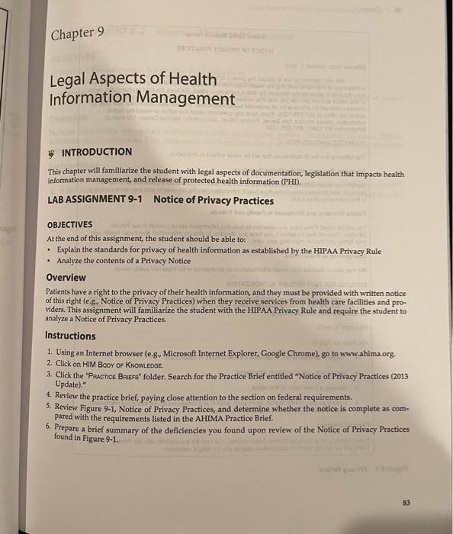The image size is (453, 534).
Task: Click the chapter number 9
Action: pos(102,32)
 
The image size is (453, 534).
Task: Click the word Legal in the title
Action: pos(70,79)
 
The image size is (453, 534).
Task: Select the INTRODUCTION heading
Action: pos(96,152)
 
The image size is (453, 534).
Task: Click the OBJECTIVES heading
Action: pos(70,226)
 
